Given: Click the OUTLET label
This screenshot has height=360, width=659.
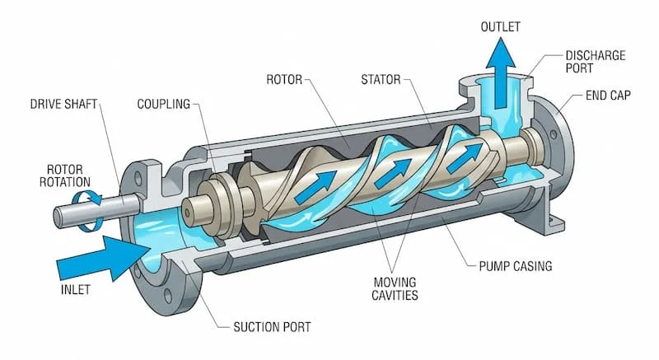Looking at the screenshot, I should (501, 26).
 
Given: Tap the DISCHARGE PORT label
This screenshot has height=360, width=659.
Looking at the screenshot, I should (595, 63).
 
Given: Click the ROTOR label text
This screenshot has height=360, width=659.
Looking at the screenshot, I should (285, 80).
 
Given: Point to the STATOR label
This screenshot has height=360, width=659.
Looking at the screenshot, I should (381, 80).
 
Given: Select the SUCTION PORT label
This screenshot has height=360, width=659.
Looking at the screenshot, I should (269, 327).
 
